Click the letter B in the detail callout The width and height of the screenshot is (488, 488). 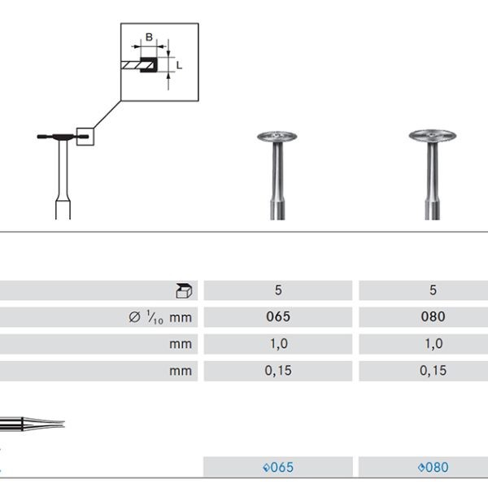click(149, 37)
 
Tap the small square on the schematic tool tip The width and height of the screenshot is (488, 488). click(85, 137)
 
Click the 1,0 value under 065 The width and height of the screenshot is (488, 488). click(278, 344)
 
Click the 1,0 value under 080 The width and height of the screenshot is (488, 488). click(433, 344)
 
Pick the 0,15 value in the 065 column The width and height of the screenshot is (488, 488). click(278, 371)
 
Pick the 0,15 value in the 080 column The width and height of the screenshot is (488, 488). click(433, 371)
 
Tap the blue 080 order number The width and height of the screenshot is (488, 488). click(432, 468)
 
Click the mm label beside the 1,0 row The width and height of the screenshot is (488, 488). click(181, 344)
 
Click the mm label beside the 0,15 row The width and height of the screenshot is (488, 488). click(181, 371)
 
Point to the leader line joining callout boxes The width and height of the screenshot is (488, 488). click(108, 114)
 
